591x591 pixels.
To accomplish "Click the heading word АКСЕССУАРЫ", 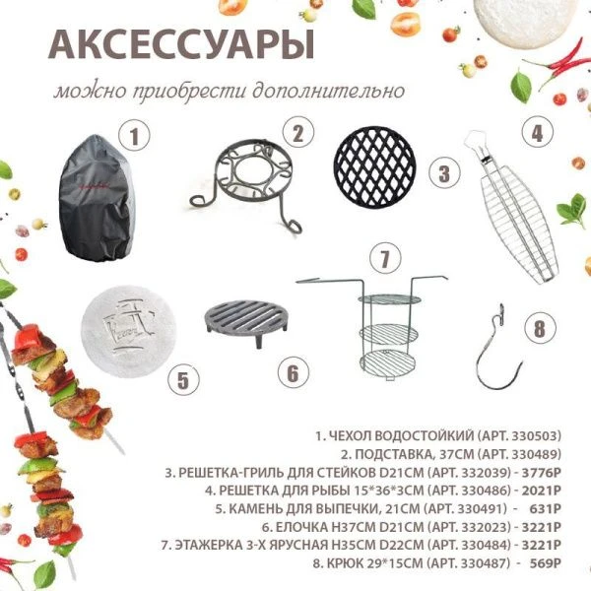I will click(x=181, y=46).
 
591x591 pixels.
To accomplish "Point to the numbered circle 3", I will click(x=444, y=174).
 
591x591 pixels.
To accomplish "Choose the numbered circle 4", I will click(x=536, y=132).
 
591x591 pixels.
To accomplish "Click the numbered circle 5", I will click(x=181, y=379).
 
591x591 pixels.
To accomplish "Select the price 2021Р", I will click(x=540, y=491).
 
